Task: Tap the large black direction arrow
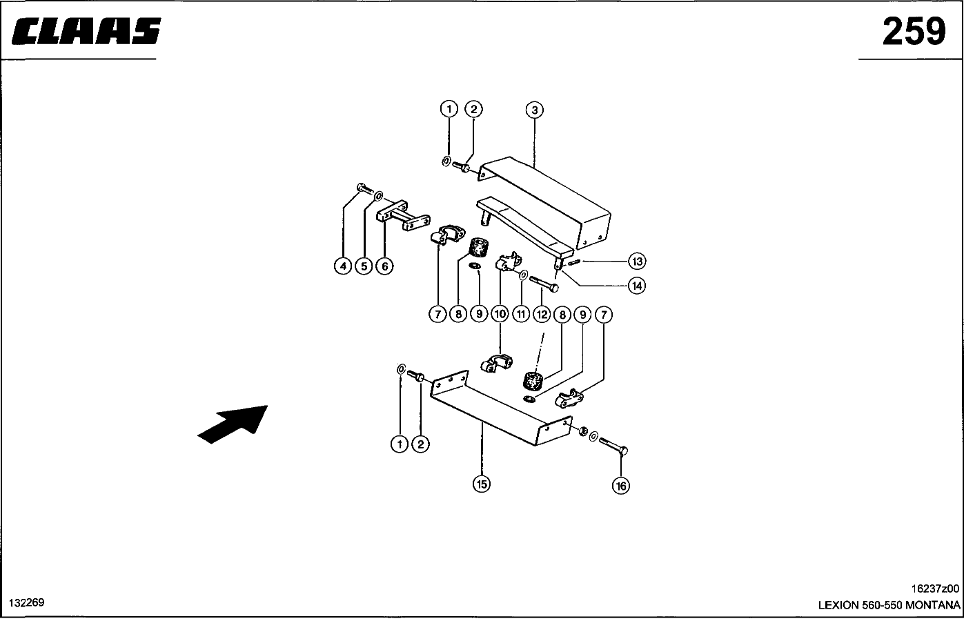[233, 422]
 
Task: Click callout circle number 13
[636, 262]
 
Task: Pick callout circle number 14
[636, 285]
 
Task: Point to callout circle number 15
[481, 484]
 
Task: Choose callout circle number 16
[621, 486]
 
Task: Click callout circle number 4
[343, 266]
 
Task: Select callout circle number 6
[384, 266]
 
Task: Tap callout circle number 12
[542, 315]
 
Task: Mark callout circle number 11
[521, 315]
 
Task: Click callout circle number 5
[364, 266]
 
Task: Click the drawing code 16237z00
[935, 589]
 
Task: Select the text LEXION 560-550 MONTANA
[889, 605]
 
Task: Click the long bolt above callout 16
[613, 446]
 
